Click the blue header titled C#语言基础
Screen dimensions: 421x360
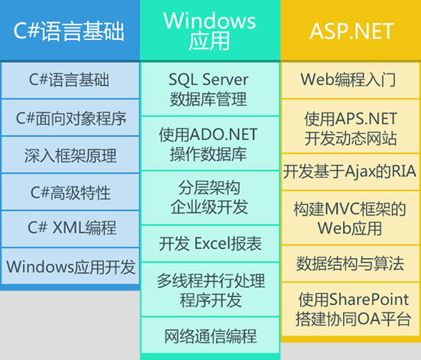coord(70,31)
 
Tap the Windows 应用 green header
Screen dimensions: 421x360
coord(210,31)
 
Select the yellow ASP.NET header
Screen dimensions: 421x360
coord(351,31)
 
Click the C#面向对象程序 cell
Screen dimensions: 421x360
coord(70,118)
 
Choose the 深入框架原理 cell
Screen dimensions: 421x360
coord(70,155)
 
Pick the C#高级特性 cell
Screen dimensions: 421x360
coord(70,192)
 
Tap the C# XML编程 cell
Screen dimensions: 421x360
coord(70,229)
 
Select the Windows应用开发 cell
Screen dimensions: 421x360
coord(70,267)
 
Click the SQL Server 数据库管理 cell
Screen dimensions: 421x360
coord(210,89)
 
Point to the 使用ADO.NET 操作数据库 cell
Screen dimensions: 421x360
coord(210,144)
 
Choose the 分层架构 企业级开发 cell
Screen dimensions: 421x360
coord(210,198)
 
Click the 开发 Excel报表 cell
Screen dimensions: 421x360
coord(210,244)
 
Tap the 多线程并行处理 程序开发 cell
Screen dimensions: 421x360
coord(210,290)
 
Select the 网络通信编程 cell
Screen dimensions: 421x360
coord(210,335)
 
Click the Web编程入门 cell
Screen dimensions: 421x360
coord(351,80)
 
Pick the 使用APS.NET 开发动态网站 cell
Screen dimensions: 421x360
coord(351,126)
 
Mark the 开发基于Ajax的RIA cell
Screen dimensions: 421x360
coord(351,172)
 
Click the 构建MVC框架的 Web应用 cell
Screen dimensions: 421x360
coord(351,218)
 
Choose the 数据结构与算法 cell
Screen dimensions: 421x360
coord(351,263)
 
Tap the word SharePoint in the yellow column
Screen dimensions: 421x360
coord(369,299)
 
